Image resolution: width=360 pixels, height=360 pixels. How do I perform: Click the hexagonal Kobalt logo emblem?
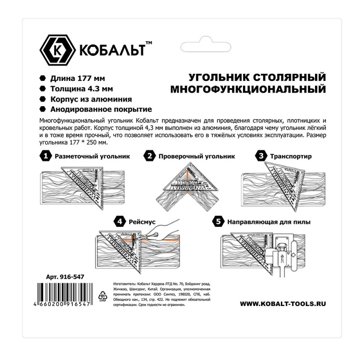(57, 49)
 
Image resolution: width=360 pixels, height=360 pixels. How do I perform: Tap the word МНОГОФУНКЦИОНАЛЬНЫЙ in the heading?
(248, 89)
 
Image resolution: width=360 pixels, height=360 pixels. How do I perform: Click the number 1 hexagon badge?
(45, 156)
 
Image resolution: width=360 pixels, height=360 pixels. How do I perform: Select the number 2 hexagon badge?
(149, 156)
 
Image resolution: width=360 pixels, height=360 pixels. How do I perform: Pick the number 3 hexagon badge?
(260, 156)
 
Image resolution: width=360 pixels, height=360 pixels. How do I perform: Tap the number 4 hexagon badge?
(120, 222)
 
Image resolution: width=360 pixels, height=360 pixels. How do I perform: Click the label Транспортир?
(291, 157)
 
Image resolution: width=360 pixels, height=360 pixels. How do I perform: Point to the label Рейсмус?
(143, 222)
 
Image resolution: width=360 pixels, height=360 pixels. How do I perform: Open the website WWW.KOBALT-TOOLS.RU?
(283, 304)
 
